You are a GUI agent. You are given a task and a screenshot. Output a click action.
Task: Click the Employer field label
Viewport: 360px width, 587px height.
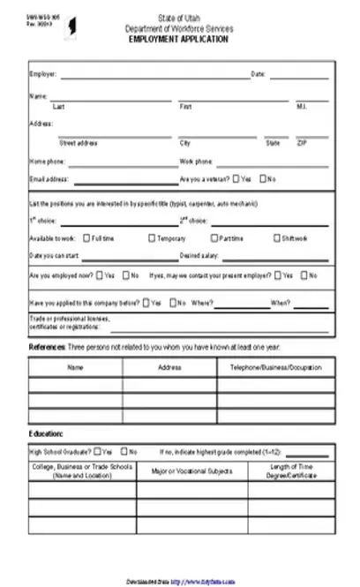click(x=42, y=74)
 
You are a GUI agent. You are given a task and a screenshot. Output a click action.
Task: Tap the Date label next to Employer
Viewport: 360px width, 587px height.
click(x=259, y=74)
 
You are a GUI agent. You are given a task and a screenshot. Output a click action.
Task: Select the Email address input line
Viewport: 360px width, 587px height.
click(x=124, y=180)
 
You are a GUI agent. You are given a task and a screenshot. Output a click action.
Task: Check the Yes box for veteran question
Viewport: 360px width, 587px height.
click(x=236, y=178)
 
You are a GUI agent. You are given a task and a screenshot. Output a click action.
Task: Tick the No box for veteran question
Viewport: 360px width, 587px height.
click(x=262, y=178)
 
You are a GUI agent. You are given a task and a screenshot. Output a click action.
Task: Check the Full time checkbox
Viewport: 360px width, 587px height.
click(x=86, y=237)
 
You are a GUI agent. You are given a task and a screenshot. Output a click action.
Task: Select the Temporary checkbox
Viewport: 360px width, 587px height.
click(x=152, y=237)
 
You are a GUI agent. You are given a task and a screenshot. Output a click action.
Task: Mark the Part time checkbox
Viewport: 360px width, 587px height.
click(x=214, y=237)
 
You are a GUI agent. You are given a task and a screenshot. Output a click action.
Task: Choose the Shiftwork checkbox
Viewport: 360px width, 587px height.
click(x=277, y=237)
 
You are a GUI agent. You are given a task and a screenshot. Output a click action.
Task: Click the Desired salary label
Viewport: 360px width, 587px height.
click(x=199, y=256)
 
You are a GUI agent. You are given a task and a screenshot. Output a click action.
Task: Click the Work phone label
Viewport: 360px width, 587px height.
click(x=196, y=162)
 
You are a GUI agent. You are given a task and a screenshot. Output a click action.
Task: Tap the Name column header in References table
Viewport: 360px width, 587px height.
click(x=75, y=366)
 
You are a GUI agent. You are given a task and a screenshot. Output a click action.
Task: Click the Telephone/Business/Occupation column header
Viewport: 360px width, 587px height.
click(x=275, y=366)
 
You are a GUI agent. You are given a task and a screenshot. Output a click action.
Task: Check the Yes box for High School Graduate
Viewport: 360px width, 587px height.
click(x=95, y=451)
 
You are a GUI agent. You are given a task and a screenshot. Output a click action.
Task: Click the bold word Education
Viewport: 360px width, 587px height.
click(x=46, y=434)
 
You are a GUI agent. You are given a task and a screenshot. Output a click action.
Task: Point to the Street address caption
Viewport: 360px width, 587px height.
click(x=78, y=142)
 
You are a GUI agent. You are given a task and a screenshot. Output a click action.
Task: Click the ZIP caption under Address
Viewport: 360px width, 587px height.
click(x=302, y=142)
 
